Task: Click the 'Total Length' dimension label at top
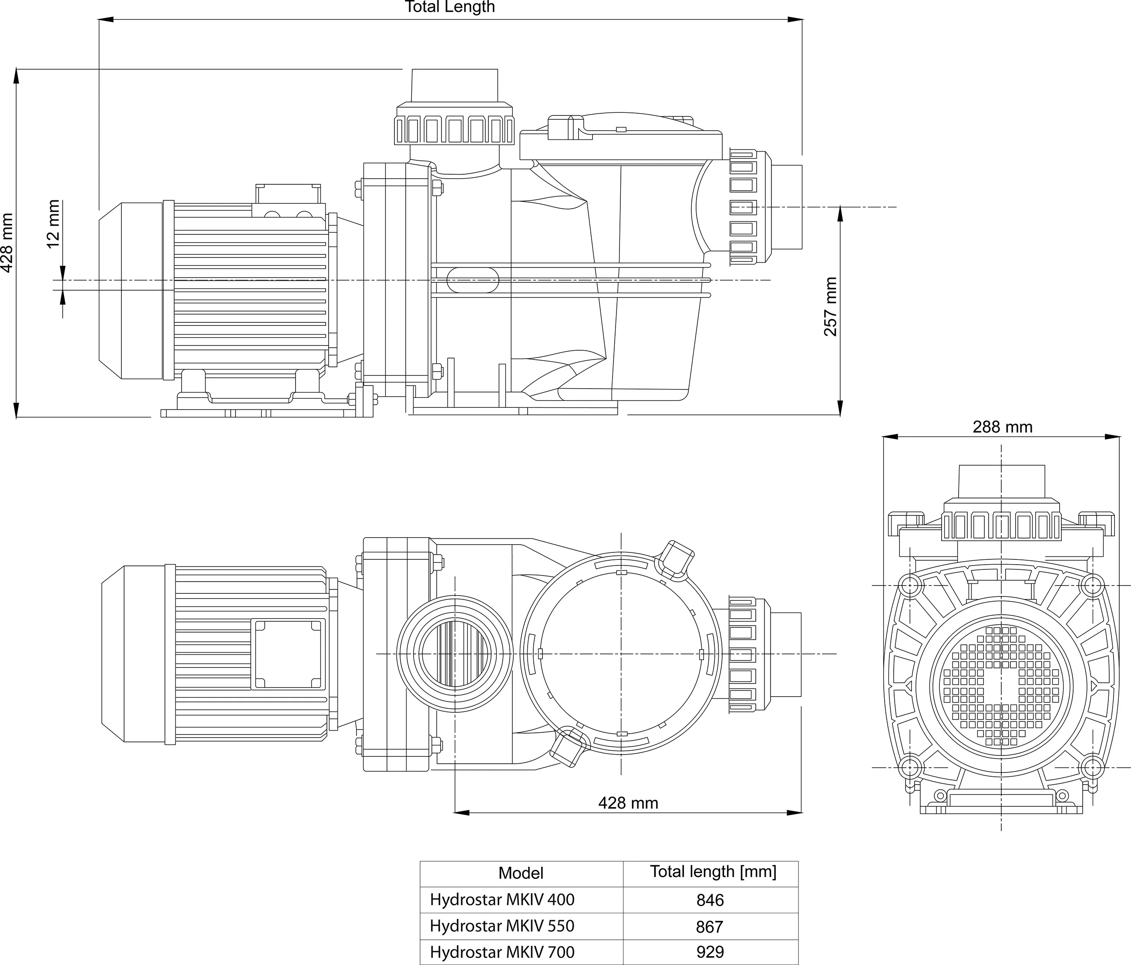450,7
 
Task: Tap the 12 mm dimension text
54,224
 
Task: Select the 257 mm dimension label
830,306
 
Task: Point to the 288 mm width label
1002,427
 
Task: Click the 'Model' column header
521,873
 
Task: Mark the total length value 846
710,900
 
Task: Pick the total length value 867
710,926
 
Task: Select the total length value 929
710,952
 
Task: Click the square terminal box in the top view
288,653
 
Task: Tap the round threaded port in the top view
454,653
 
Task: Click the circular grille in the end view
1001,685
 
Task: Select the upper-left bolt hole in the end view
909,586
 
